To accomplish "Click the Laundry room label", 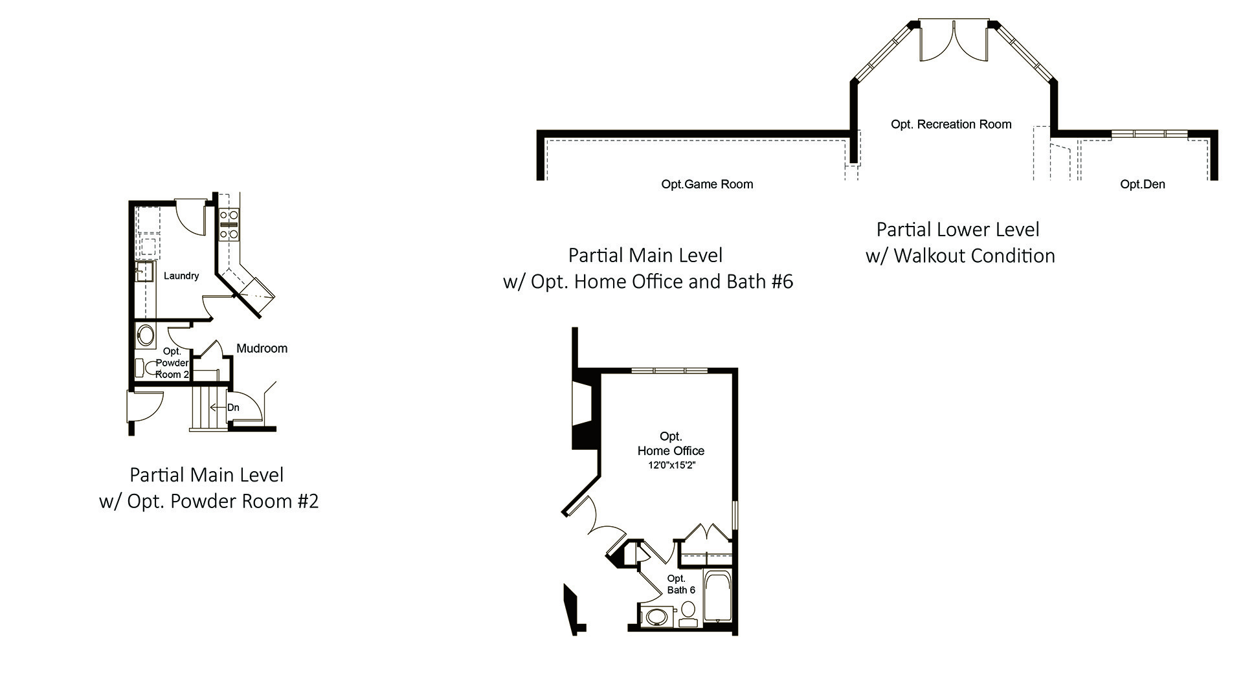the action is (181, 276).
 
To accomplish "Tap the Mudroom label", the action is (262, 348).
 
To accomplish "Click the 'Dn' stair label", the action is (233, 407).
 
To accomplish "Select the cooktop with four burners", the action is (229, 224).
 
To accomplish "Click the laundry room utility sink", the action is (144, 272).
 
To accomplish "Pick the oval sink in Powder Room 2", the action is (145, 335).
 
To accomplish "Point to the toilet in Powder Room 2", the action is (146, 368).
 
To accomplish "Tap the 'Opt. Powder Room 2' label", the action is (172, 362).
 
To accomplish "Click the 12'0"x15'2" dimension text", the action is (671, 465).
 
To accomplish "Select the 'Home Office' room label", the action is (671, 450).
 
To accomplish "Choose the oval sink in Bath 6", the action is (656, 616).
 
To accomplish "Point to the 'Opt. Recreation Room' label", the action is (951, 124).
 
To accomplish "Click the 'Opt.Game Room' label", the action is (707, 184).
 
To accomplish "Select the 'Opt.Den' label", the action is (1143, 184).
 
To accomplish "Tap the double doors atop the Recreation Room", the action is (954, 41).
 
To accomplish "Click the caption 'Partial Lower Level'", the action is (957, 230).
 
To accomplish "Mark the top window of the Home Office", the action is (669, 370).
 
